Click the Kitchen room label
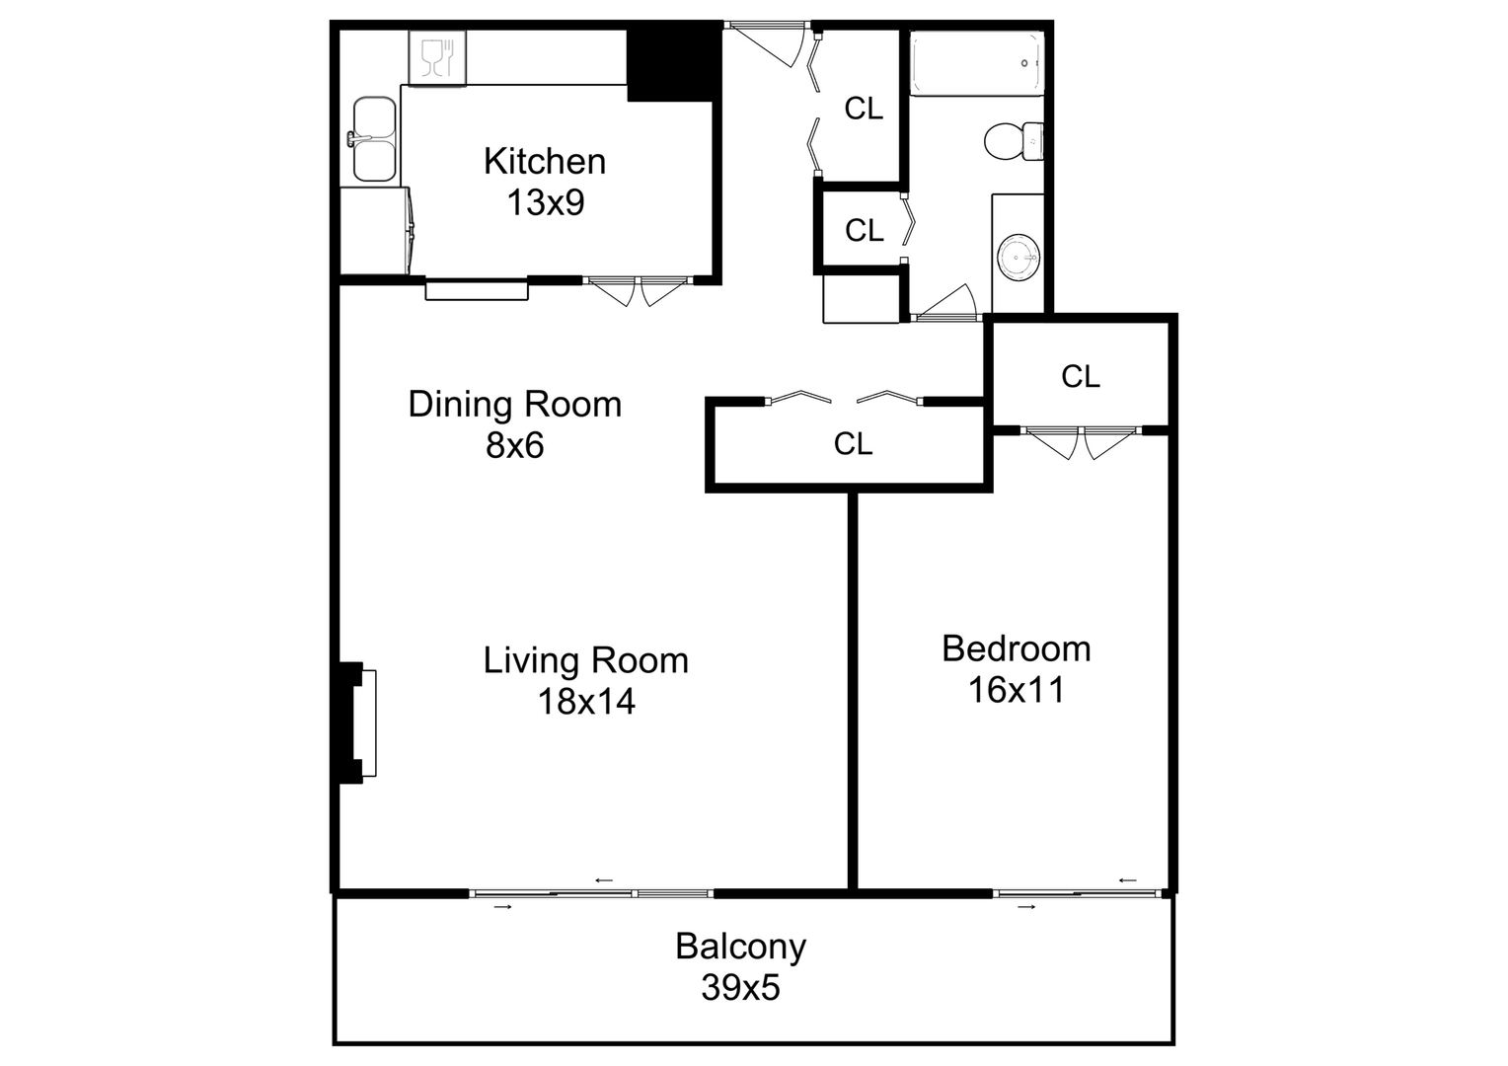pos(544,161)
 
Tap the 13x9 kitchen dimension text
pos(545,202)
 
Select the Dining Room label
pos(514,404)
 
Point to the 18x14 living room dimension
pos(586,702)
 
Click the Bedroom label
pos(1016,648)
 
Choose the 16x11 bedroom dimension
pos(1016,690)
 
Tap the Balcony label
pos(740,946)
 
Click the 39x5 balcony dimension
pos(740,987)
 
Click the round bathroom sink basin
pos(1018,259)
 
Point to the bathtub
pos(976,64)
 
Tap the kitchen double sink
pos(374,139)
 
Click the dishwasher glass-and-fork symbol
pos(436,58)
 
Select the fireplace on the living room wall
pos(357,723)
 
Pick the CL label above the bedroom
pos(1080,376)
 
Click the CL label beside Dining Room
pos(853,444)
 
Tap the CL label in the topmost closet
pos(864,109)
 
